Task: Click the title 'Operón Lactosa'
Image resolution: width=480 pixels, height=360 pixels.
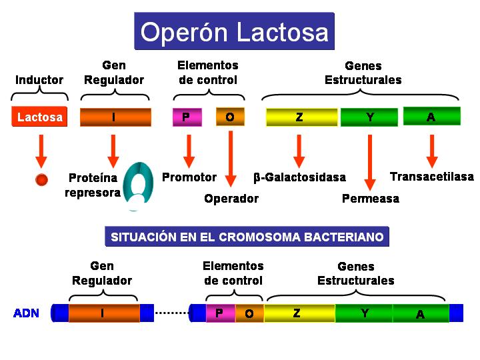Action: [234, 31]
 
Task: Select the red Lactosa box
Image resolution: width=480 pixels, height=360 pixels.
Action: [40, 117]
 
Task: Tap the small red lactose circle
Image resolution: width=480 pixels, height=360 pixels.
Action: [41, 179]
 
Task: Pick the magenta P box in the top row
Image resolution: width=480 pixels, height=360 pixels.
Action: [186, 117]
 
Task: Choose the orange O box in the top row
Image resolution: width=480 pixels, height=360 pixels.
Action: [230, 117]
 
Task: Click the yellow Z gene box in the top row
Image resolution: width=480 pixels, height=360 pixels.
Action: [300, 117]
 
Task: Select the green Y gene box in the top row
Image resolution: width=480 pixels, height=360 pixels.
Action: [369, 117]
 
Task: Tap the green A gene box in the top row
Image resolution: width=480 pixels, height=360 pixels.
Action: [431, 117]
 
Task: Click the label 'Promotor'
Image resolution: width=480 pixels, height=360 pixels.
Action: [189, 177]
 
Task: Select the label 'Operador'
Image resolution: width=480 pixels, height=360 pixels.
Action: [231, 199]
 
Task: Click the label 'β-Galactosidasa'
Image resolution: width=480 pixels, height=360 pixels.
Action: [300, 178]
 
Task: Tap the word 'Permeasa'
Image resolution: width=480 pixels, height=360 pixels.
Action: [371, 199]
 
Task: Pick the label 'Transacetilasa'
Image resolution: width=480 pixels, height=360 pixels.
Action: [432, 177]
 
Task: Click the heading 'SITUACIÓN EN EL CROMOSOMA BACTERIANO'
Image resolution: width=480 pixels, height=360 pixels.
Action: [247, 237]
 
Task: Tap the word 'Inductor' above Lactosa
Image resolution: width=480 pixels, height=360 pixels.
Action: [39, 80]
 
